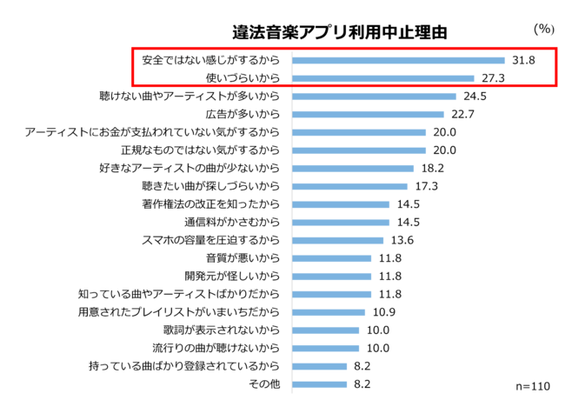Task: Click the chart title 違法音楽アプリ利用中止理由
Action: (340, 33)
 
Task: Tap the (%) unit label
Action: (543, 28)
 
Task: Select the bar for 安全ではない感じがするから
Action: (398, 60)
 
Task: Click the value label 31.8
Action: (523, 60)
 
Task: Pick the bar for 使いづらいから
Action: (382, 78)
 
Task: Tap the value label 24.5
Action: (474, 96)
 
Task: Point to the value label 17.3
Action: (426, 186)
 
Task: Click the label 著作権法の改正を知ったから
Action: (211, 204)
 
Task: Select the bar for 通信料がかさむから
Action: (341, 222)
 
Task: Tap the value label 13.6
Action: (402, 240)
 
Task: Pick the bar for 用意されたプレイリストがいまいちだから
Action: (329, 312)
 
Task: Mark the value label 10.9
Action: (383, 312)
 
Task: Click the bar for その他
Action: (320, 384)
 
